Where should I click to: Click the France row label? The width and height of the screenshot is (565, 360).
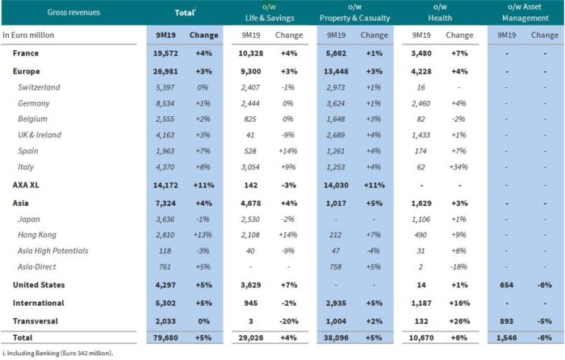click(26, 53)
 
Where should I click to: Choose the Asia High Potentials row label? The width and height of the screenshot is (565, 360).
click(61, 251)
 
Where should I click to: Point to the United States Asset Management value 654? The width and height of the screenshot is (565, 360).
click(507, 285)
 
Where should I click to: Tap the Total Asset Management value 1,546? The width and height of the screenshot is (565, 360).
click(507, 336)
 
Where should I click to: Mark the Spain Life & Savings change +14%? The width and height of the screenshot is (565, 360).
click(289, 150)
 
